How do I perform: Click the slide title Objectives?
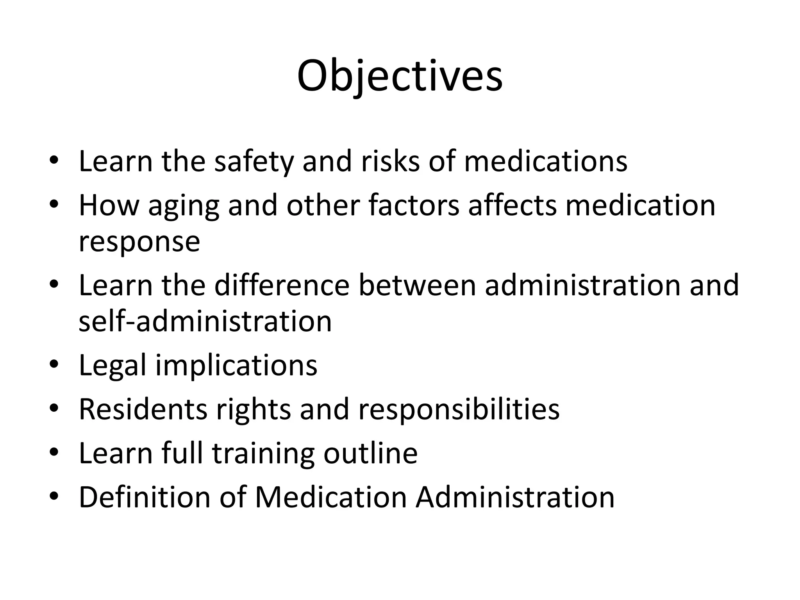tap(400, 76)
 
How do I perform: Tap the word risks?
tap(390, 161)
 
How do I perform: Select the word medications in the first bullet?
tap(545, 161)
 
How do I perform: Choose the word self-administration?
tap(205, 321)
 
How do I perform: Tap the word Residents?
tap(143, 409)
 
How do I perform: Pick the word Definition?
tap(145, 497)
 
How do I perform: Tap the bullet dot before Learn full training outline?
tap(54, 453)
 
